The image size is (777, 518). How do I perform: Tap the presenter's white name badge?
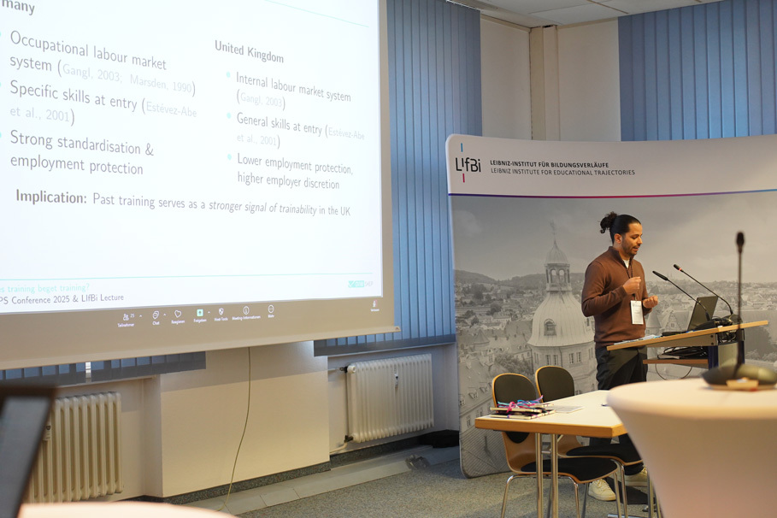point(636,311)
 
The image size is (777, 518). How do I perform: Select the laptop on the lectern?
point(702,314)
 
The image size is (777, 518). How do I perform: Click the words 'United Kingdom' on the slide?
point(249,51)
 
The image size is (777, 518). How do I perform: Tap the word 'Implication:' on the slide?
point(51,197)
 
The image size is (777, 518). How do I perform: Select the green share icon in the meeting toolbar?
point(199,314)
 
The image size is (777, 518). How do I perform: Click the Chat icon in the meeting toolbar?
point(156,316)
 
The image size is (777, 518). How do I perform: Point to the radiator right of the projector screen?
point(390,397)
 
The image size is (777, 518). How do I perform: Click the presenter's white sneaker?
point(602,489)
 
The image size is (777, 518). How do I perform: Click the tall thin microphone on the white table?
point(739,299)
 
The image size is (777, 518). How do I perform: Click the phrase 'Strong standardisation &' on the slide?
point(82,143)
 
